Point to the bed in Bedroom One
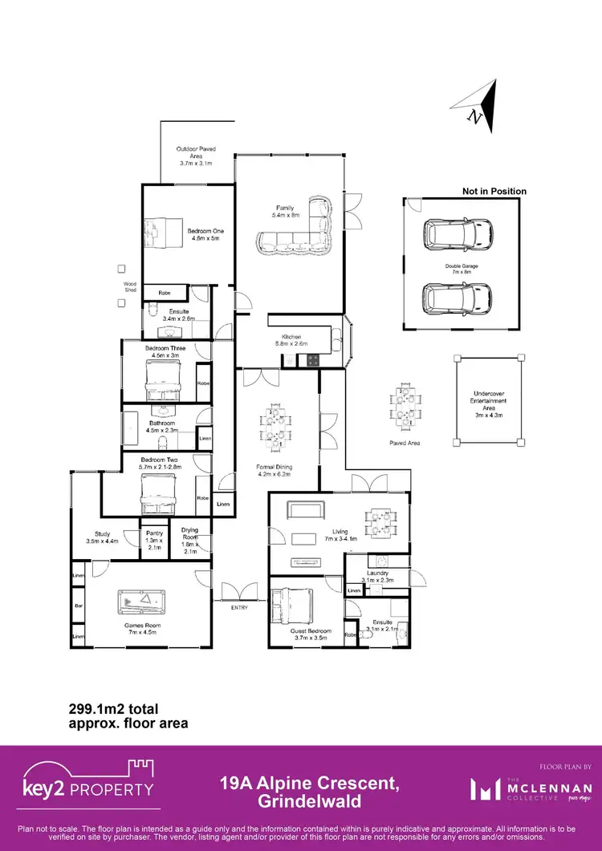(164, 233)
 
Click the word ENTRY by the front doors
(239, 607)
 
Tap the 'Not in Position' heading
(494, 191)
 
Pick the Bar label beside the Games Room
(79, 606)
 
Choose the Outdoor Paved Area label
(196, 156)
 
